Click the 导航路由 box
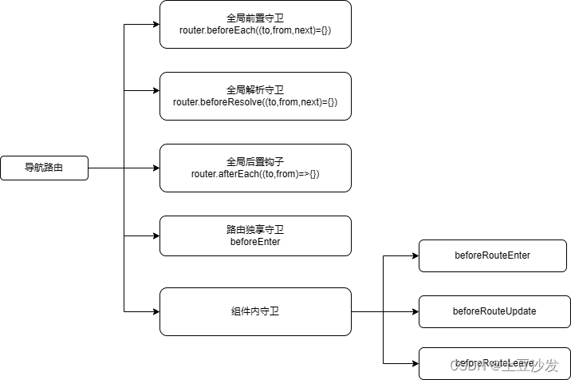pyautogui.click(x=44, y=168)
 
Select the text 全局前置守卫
pyautogui.click(x=255, y=18)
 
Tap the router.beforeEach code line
pyautogui.click(x=255, y=30)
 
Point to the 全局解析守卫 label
pyautogui.click(x=255, y=89)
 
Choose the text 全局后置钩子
pyautogui.click(x=255, y=161)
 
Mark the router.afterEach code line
pyautogui.click(x=255, y=173)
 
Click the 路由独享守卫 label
pyautogui.click(x=255, y=229)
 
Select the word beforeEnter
pyautogui.click(x=255, y=241)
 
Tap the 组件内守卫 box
pyautogui.click(x=255, y=311)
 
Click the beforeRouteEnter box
pyautogui.click(x=492, y=255)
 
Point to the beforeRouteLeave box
pyautogui.click(x=493, y=362)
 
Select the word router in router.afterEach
pyautogui.click(x=204, y=173)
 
